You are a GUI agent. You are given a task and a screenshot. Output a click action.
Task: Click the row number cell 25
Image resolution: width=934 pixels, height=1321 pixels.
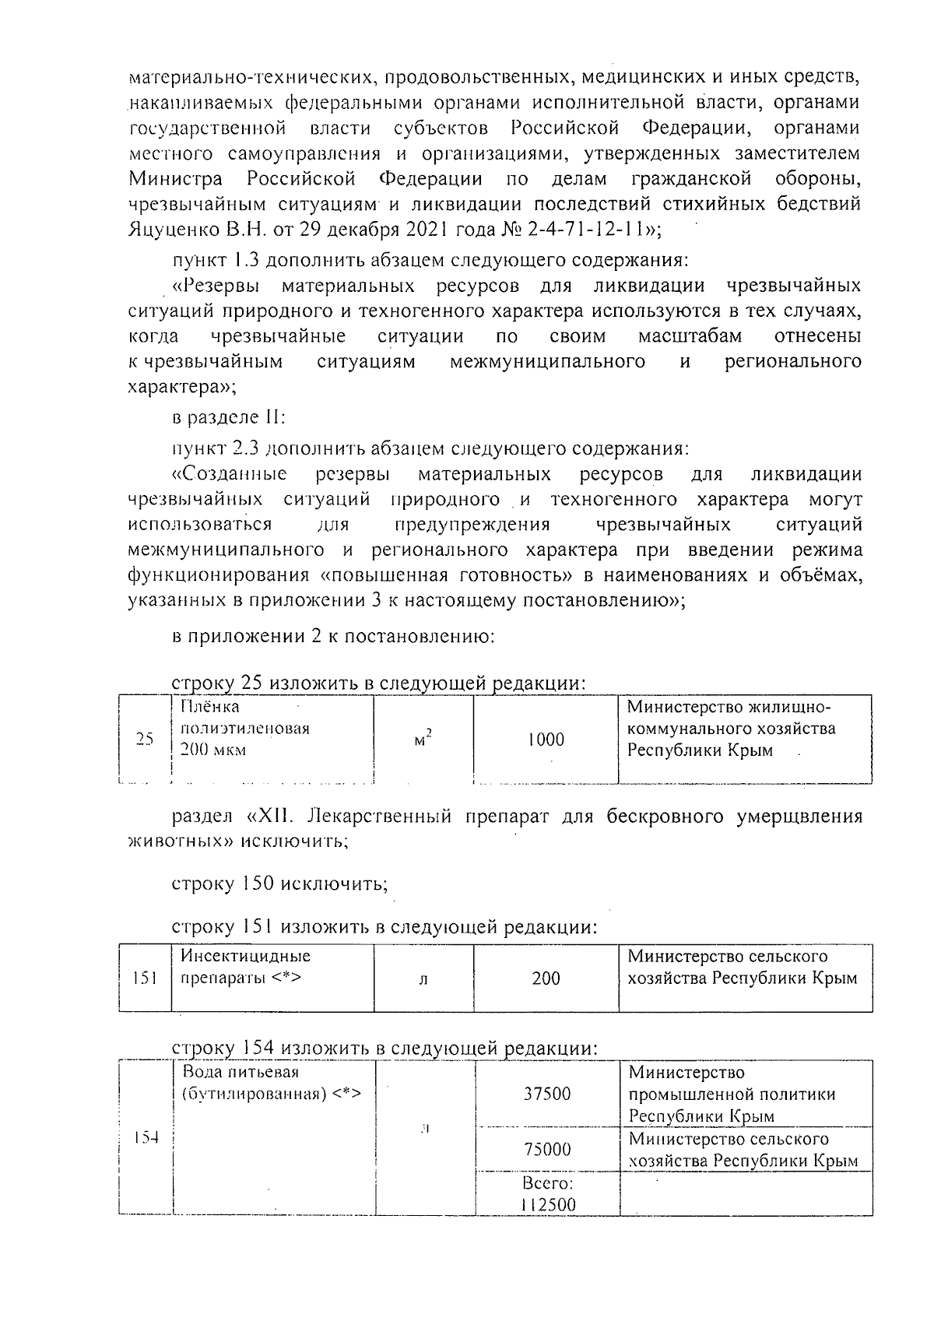point(145,740)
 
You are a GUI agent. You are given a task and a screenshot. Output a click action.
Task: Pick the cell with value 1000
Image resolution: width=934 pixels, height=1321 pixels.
point(546,740)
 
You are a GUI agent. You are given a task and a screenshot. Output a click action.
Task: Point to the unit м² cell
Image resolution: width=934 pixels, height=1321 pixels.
point(423,740)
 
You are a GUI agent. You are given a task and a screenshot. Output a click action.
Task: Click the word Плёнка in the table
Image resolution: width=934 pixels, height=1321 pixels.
point(210,708)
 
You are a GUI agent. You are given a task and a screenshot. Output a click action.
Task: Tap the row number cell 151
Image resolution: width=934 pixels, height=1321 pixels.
point(145,978)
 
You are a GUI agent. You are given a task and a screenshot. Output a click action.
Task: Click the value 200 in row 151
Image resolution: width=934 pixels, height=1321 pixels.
point(546,978)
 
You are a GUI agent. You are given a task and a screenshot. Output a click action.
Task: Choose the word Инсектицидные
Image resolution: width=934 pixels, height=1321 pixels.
point(245,956)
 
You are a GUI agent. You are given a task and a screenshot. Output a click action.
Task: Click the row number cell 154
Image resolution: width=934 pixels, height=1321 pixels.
point(145,1137)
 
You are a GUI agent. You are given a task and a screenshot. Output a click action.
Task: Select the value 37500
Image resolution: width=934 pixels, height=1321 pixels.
point(546,1094)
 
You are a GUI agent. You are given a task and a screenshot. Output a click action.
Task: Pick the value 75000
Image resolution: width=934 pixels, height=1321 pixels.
point(546,1150)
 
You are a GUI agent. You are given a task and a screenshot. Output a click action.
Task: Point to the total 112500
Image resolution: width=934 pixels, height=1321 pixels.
point(548,1205)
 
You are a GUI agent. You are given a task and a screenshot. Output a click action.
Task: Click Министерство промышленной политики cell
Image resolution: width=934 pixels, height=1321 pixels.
point(732,1094)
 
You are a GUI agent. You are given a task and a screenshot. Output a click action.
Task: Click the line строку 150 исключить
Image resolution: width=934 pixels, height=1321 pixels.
point(279,884)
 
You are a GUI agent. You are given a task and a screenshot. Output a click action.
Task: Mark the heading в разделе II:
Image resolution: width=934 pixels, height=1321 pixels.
point(229,416)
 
